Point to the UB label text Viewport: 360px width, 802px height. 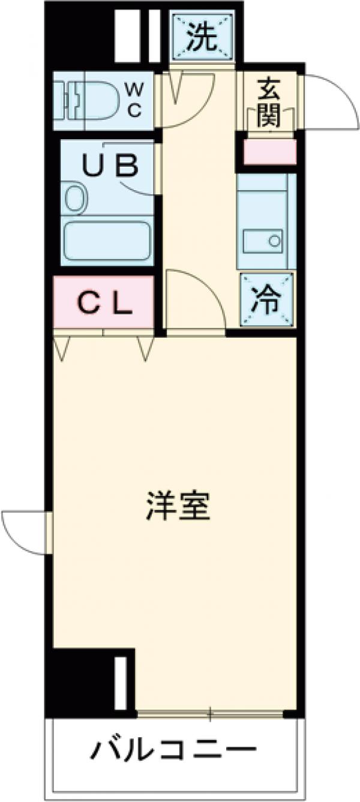(110, 165)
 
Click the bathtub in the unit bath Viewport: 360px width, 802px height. (107, 241)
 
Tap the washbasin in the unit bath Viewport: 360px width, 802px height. (74, 198)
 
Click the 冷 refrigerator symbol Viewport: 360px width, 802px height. (266, 300)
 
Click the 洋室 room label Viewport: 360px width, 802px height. (178, 506)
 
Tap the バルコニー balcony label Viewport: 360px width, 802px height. (173, 749)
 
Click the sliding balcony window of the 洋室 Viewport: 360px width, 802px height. (210, 714)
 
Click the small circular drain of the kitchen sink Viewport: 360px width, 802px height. (274, 241)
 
